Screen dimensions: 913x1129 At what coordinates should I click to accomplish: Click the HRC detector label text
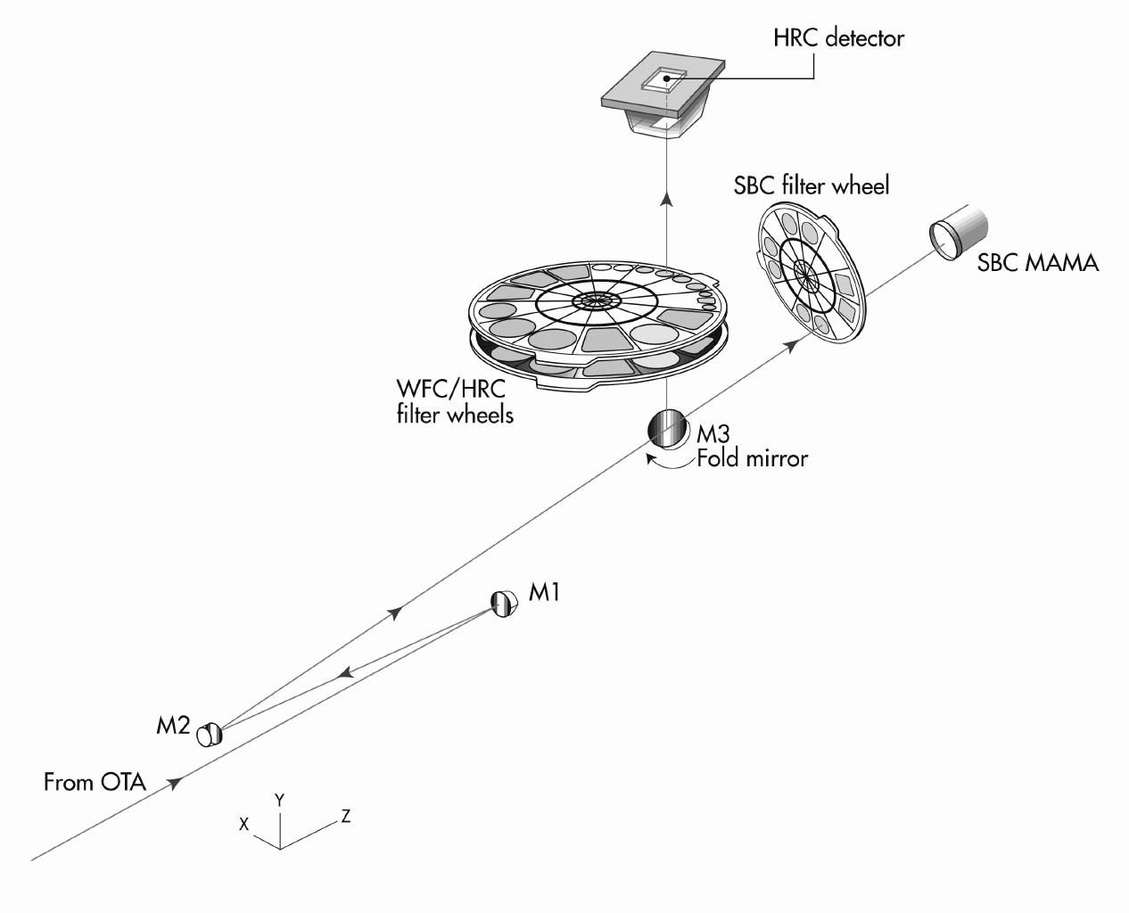pyautogui.click(x=838, y=38)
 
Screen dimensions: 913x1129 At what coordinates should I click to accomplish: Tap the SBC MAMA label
pyautogui.click(x=1038, y=263)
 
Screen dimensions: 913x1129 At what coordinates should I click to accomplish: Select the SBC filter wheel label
pyautogui.click(x=811, y=186)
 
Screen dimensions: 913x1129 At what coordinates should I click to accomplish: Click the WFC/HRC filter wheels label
pyautogui.click(x=455, y=401)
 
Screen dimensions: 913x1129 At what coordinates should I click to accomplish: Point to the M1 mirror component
pyautogui.click(x=504, y=604)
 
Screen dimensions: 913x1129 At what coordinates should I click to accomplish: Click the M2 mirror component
pyautogui.click(x=209, y=734)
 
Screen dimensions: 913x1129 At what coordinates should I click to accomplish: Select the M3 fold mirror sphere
pyautogui.click(x=667, y=428)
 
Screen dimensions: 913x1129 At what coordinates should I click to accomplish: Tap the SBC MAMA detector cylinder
pyautogui.click(x=960, y=230)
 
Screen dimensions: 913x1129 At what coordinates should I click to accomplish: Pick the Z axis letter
pyautogui.click(x=345, y=816)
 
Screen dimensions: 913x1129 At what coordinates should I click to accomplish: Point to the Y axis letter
pyautogui.click(x=279, y=800)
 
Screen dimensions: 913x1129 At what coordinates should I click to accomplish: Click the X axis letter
pyautogui.click(x=243, y=825)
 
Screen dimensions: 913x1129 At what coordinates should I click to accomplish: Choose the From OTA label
pyautogui.click(x=95, y=783)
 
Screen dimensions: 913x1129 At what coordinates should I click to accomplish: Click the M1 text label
pyautogui.click(x=544, y=592)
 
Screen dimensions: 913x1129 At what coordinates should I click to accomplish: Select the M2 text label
pyautogui.click(x=173, y=726)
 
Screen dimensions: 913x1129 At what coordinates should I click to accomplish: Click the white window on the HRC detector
pyautogui.click(x=661, y=81)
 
